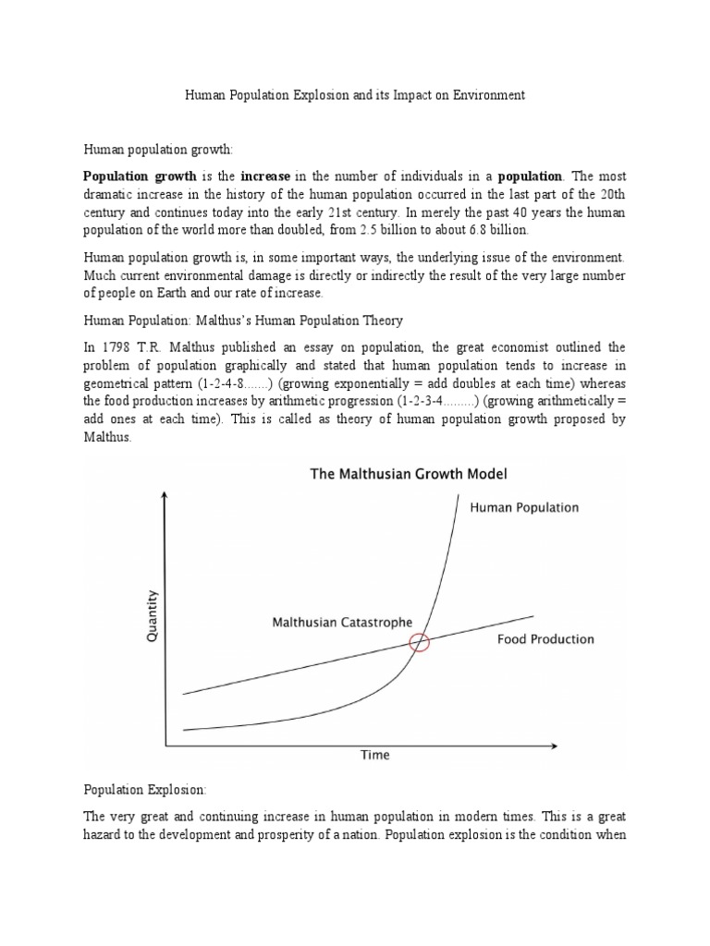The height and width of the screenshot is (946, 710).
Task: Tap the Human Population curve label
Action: [524, 507]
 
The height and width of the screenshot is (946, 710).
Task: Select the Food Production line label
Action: [545, 639]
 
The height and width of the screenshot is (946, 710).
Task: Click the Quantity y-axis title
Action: [153, 616]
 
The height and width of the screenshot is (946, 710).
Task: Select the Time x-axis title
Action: [374, 755]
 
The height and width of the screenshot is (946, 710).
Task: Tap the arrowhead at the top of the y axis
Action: [165, 497]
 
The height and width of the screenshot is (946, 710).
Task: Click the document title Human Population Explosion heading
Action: [355, 95]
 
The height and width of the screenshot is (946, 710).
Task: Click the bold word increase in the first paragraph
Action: [265, 176]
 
